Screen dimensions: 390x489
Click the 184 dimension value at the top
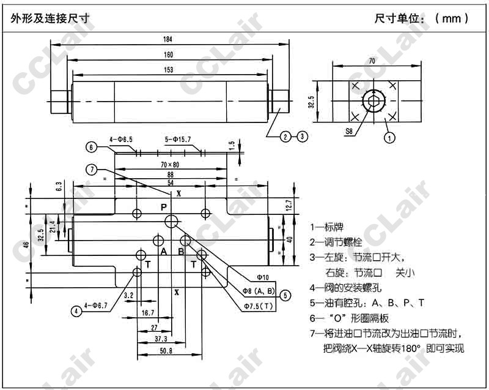167,39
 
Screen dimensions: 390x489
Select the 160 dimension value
167,54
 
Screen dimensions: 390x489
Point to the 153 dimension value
167,70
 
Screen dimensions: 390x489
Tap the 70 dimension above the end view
372,61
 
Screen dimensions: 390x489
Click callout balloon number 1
389,138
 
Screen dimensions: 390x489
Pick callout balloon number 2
285,137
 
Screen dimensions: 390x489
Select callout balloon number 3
302,137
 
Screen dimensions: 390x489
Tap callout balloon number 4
76,311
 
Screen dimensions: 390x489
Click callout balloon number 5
285,294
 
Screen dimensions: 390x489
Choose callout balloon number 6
90,147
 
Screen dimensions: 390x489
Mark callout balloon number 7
90,170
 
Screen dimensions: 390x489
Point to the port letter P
164,208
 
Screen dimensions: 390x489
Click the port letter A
163,252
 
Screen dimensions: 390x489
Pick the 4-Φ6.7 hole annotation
96,305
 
